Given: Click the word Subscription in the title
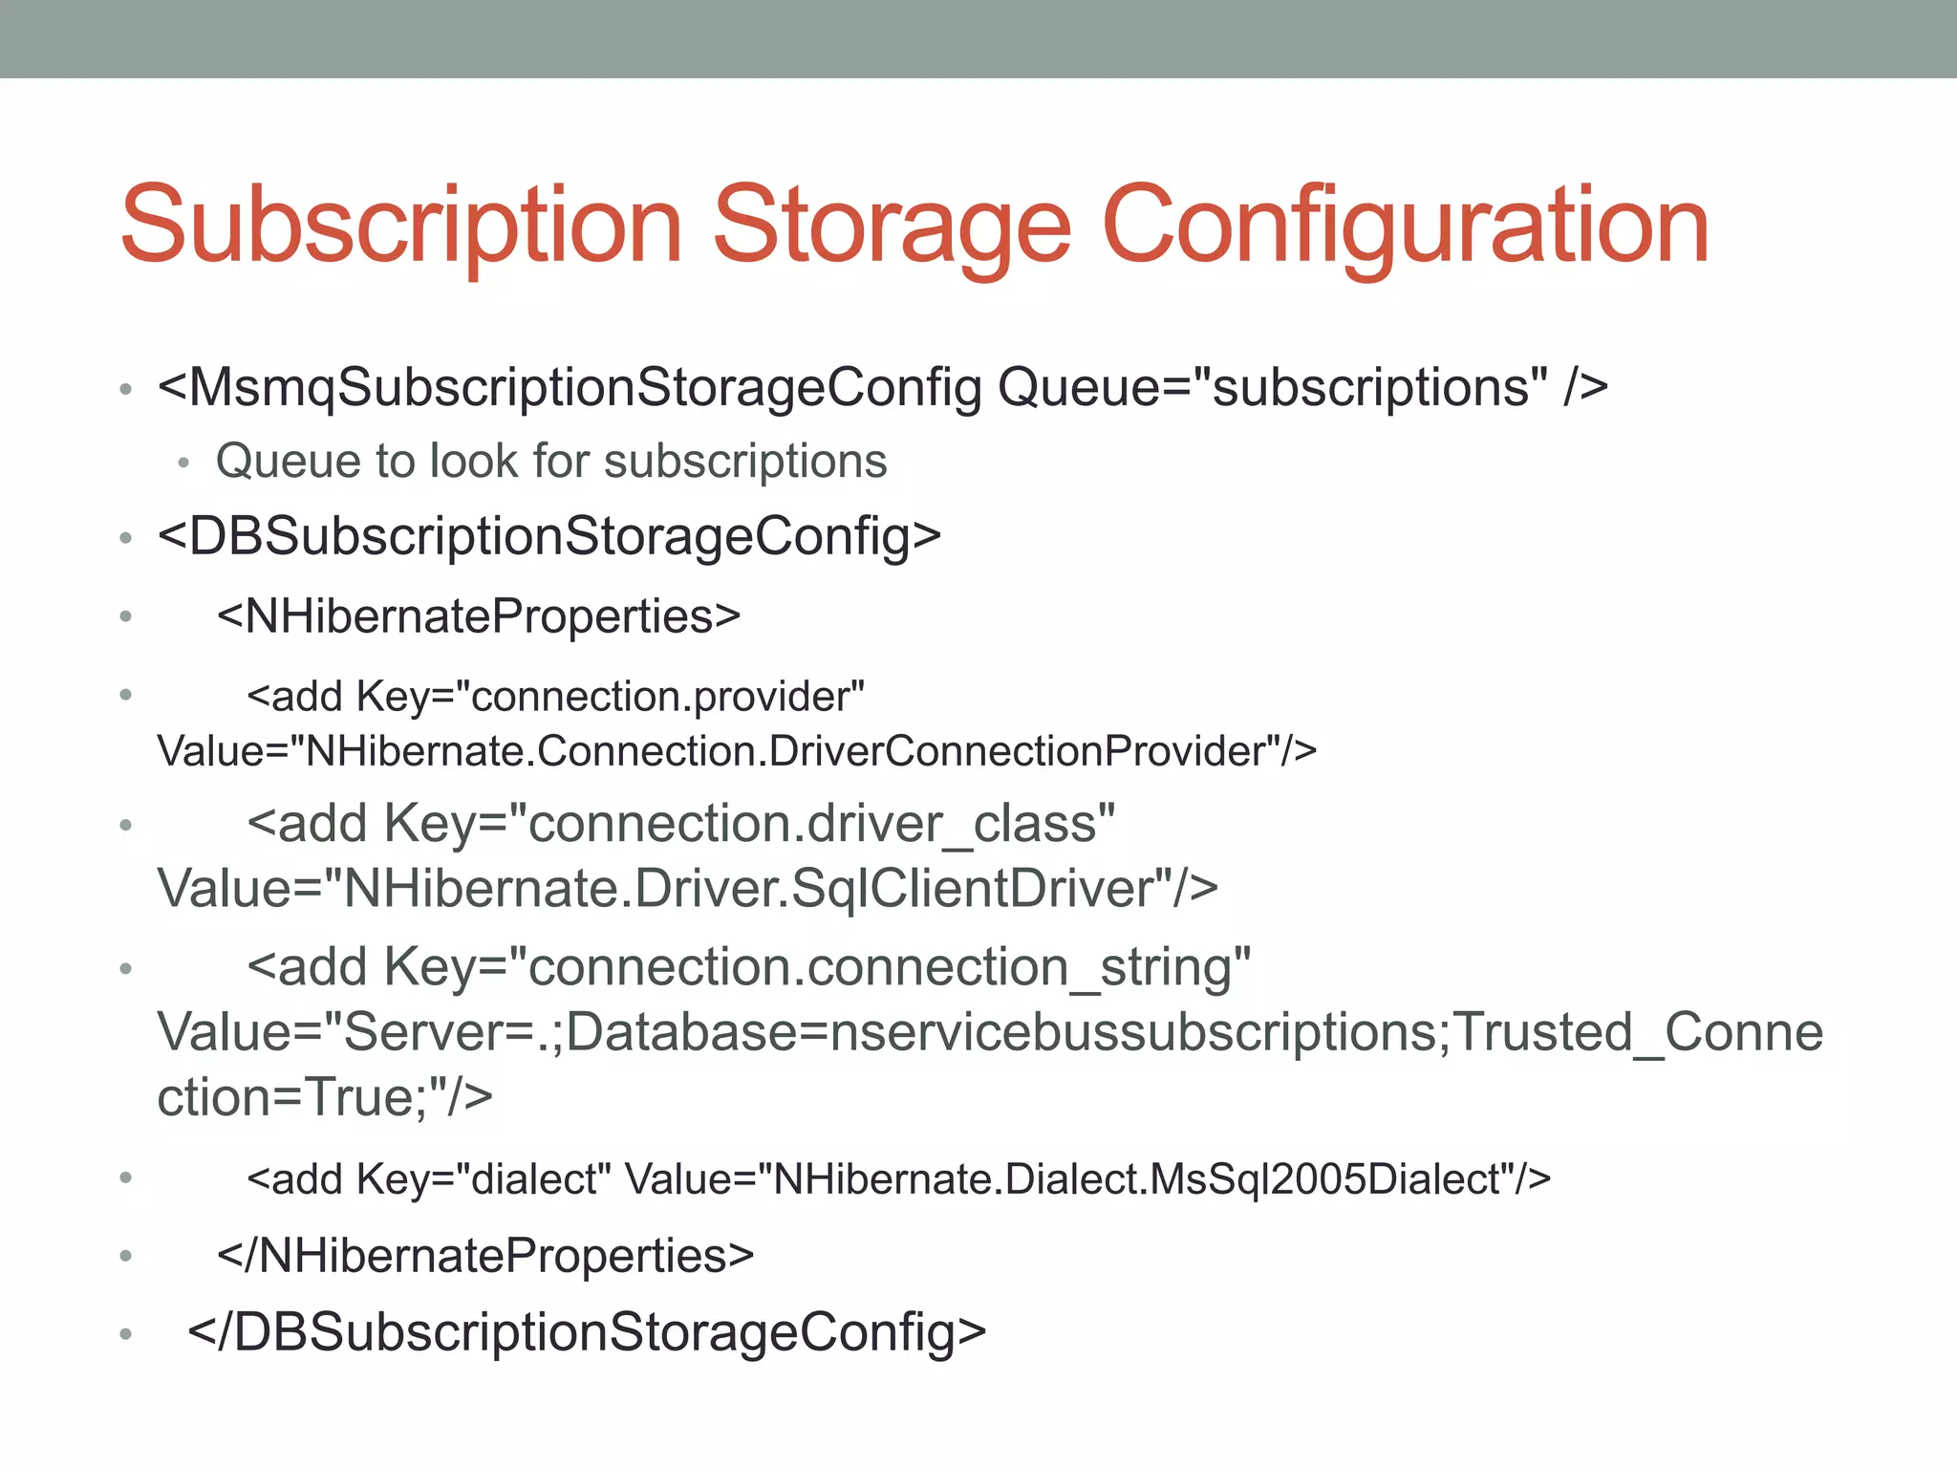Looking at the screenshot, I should coord(401,227).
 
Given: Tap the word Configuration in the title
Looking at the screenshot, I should coord(1405,227).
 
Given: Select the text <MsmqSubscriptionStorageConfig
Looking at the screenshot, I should coord(570,388).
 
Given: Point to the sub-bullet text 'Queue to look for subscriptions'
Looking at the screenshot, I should coord(551,462).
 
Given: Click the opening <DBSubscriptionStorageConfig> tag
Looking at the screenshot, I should coord(549,536).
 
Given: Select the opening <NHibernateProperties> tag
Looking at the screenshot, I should coord(479,616).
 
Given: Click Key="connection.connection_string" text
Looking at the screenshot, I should coord(817,967).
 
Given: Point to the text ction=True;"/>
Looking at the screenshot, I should coord(325,1097).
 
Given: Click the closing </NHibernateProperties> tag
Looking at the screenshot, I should coord(485,1256).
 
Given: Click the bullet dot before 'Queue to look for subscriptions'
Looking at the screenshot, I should coord(184,464).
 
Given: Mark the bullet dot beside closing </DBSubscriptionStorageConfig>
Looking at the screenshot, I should coord(125,1334).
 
